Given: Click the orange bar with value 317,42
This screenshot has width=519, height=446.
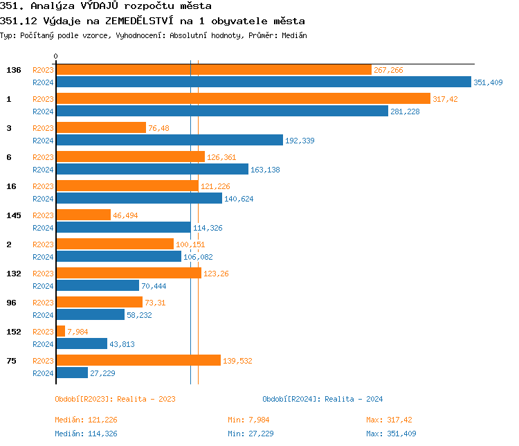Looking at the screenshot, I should (x=242, y=98).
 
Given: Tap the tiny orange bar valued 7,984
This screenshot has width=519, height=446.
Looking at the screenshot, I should (x=60, y=331).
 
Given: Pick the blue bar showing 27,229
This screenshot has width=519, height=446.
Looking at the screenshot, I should (x=72, y=373).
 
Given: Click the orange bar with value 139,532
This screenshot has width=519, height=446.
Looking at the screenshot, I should (x=138, y=360).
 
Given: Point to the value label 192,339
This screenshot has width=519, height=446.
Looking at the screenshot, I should (x=300, y=141).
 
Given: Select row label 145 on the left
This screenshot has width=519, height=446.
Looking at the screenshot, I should (x=14, y=215).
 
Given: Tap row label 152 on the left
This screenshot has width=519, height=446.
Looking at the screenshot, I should (x=14, y=332).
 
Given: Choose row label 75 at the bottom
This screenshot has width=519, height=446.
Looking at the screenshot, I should (x=11, y=361).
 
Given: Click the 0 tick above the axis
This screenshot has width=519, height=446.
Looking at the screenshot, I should (x=56, y=56).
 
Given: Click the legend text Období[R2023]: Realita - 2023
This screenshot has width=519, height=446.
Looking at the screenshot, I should (x=115, y=399).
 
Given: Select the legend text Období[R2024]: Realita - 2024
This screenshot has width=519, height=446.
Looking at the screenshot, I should (x=322, y=399).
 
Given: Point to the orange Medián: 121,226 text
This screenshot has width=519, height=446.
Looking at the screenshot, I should (x=91, y=420).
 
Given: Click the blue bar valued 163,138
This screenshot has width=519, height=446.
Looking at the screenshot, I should (x=152, y=169).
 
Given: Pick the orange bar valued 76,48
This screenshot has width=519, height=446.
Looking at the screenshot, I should (x=100, y=127).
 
